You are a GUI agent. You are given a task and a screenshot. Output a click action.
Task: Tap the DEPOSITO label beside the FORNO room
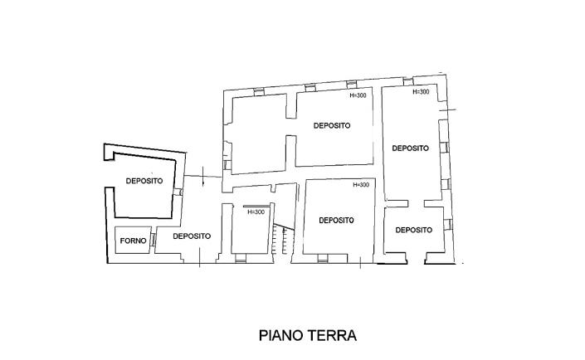192,236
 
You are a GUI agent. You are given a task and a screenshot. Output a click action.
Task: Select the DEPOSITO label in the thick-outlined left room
144,181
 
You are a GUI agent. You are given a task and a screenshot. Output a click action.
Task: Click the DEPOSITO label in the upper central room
331,126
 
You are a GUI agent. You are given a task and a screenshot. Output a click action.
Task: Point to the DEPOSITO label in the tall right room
410,148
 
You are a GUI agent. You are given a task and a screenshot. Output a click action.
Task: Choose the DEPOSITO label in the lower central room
336,221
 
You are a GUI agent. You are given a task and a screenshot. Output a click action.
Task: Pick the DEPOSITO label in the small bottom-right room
412,230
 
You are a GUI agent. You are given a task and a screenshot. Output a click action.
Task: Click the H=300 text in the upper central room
358,95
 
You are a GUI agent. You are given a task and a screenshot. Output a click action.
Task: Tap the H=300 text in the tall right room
421,92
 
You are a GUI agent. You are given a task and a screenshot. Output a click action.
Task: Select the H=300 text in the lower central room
361,185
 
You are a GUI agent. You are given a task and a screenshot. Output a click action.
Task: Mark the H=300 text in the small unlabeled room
256,212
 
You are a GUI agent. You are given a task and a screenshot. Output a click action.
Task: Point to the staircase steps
286,240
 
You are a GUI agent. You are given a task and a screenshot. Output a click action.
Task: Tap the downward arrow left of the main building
204,177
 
